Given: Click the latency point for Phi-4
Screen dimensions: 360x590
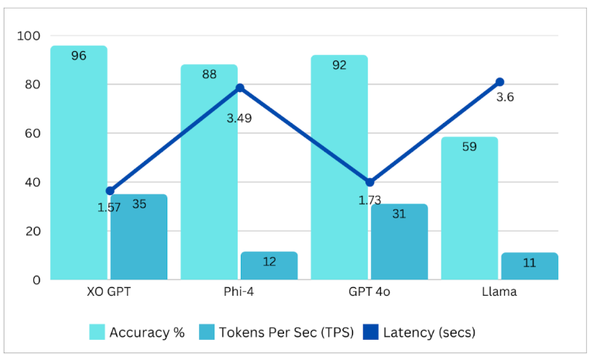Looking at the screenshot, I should click(x=240, y=88).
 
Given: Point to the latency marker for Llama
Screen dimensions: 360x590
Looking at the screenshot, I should click(x=500, y=82).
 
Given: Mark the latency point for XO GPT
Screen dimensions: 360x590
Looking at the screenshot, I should click(x=110, y=190).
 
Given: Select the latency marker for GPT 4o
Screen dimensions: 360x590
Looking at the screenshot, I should click(x=370, y=182).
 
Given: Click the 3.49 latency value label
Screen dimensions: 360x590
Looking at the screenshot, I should click(x=238, y=118).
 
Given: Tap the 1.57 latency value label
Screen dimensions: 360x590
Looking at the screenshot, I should click(x=109, y=207).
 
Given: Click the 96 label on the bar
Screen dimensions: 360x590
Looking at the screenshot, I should click(x=78, y=56).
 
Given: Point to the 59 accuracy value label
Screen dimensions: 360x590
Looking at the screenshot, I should click(x=469, y=146).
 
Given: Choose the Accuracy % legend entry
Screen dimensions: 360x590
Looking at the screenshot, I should click(x=137, y=332).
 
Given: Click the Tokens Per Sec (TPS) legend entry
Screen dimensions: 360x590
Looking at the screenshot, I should click(x=277, y=332).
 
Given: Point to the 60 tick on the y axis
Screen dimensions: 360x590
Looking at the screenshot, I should click(x=33, y=133).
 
